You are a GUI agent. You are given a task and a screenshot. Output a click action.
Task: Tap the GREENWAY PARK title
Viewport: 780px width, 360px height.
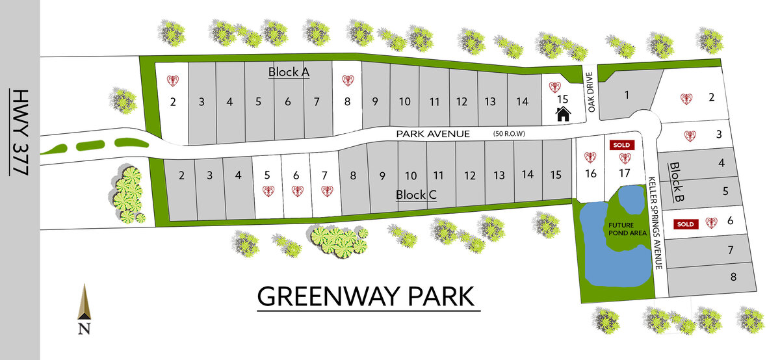367,296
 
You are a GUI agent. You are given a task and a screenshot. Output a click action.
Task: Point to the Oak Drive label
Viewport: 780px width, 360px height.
591,93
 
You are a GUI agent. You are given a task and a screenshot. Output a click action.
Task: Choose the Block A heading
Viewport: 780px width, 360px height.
289,71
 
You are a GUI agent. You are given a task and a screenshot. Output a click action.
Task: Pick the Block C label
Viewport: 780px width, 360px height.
415,194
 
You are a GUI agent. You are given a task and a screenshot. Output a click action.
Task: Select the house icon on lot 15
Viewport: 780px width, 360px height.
563,114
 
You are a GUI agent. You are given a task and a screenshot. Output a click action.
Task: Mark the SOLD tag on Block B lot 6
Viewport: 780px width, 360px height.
685,224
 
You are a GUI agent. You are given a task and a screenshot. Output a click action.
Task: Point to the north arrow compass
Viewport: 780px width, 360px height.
83,309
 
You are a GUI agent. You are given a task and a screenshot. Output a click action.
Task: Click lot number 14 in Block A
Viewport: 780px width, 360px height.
522,101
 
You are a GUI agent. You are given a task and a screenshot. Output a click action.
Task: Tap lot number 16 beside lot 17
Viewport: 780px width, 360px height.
590,173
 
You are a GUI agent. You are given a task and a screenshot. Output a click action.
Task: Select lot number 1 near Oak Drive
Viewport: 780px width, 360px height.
627,96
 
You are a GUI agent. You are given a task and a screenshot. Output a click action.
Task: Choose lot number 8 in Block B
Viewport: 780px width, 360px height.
733,277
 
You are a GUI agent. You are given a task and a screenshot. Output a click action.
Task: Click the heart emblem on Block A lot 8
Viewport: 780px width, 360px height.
348,81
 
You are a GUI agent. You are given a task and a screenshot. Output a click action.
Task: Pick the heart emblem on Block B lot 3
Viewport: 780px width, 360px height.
690,136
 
